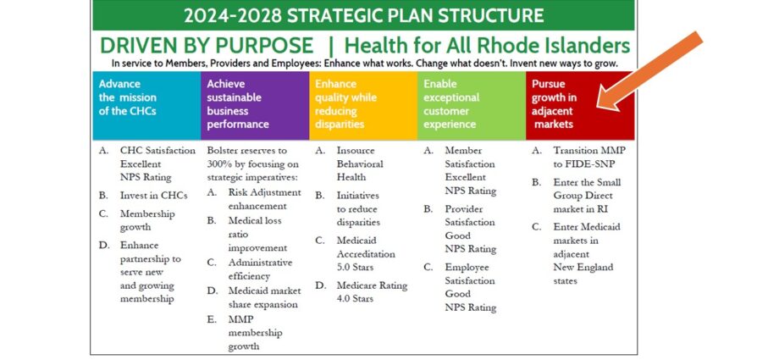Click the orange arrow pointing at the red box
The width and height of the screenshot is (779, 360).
(x=649, y=72)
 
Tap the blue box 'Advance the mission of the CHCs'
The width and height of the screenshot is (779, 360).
(x=146, y=105)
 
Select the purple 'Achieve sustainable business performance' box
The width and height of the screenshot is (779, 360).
(x=255, y=105)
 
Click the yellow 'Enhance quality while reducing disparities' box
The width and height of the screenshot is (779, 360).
(x=363, y=105)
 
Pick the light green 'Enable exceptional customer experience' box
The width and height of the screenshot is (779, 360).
(x=472, y=105)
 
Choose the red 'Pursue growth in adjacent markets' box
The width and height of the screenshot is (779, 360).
(x=580, y=105)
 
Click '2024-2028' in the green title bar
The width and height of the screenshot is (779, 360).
(x=233, y=15)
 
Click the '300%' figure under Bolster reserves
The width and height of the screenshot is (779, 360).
(x=218, y=164)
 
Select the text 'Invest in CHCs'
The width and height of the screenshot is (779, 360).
(x=153, y=196)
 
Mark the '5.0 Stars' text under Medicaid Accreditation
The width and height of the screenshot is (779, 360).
(x=355, y=267)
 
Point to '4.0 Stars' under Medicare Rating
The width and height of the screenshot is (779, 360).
(x=355, y=299)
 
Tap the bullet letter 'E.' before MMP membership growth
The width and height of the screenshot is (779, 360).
(x=212, y=319)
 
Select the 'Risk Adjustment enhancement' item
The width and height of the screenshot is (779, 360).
(x=265, y=199)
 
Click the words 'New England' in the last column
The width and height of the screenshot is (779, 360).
(x=583, y=267)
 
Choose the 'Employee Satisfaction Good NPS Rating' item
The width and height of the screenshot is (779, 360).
(x=470, y=287)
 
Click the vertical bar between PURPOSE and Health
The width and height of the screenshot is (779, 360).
(x=330, y=47)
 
